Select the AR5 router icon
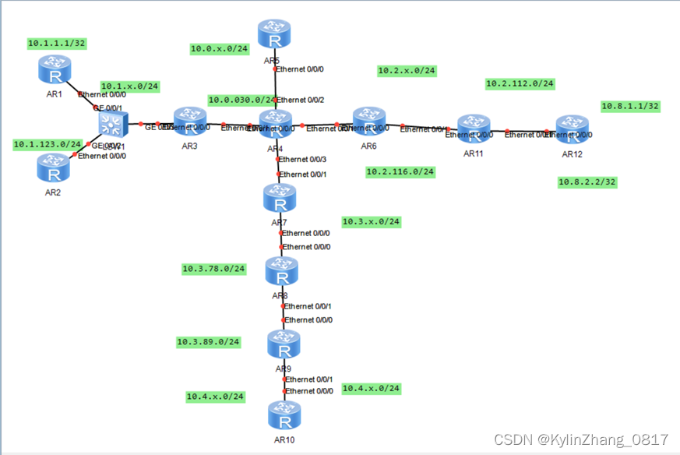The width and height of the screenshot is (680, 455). (x=273, y=35)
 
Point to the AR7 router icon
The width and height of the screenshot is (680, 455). (x=280, y=199)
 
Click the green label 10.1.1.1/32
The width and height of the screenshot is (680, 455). (x=56, y=43)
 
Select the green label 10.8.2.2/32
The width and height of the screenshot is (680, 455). (x=587, y=182)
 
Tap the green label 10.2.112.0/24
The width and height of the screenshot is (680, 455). (x=520, y=83)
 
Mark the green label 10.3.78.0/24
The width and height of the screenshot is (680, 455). (x=213, y=269)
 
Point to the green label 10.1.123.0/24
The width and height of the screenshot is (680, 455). (x=48, y=144)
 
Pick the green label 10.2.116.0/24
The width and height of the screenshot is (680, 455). (x=400, y=171)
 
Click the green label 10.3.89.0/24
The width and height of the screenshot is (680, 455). (x=209, y=341)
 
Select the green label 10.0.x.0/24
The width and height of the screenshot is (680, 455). (x=219, y=48)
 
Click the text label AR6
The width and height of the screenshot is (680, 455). (x=368, y=146)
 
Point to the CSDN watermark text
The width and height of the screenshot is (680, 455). (x=581, y=439)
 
